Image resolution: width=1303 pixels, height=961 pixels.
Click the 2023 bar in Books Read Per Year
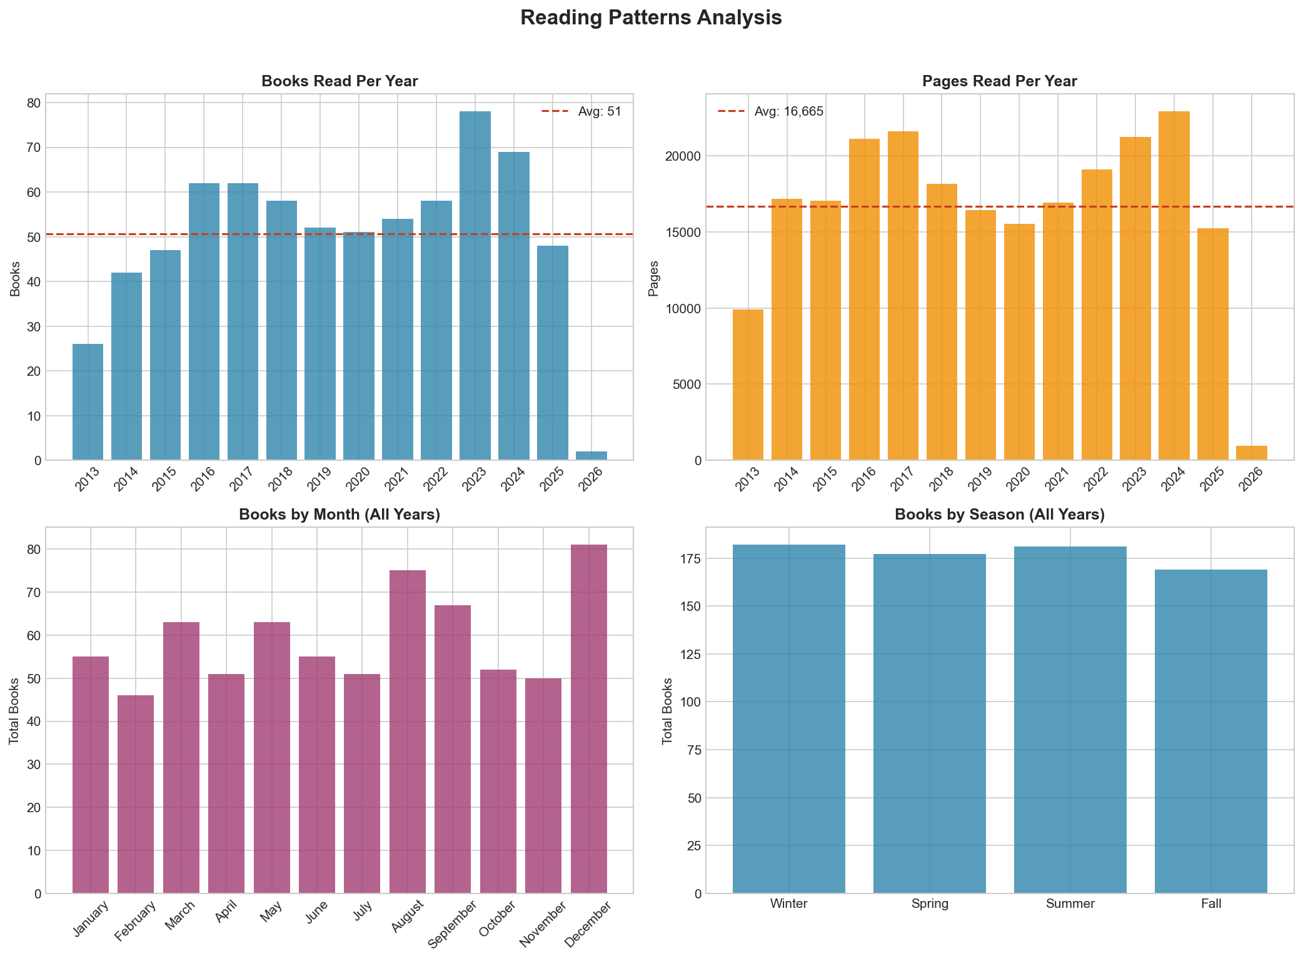[475, 286]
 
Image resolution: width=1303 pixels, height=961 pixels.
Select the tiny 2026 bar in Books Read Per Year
[591, 456]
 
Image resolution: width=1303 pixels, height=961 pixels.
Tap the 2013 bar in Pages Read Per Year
[748, 385]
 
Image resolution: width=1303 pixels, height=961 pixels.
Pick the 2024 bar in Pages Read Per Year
[1174, 286]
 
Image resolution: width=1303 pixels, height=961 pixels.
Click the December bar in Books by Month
[588, 719]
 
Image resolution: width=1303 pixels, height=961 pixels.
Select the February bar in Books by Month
[136, 794]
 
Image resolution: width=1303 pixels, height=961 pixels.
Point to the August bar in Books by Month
[407, 732]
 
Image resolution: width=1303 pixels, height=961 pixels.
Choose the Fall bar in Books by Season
[1210, 732]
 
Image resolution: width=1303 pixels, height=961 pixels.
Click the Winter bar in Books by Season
[788, 719]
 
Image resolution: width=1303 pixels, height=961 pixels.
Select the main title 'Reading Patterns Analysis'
[651, 18]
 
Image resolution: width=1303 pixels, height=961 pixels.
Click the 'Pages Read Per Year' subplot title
[999, 81]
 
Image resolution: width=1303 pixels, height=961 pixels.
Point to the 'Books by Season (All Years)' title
[999, 515]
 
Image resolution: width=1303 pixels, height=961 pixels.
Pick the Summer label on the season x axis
[1070, 903]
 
